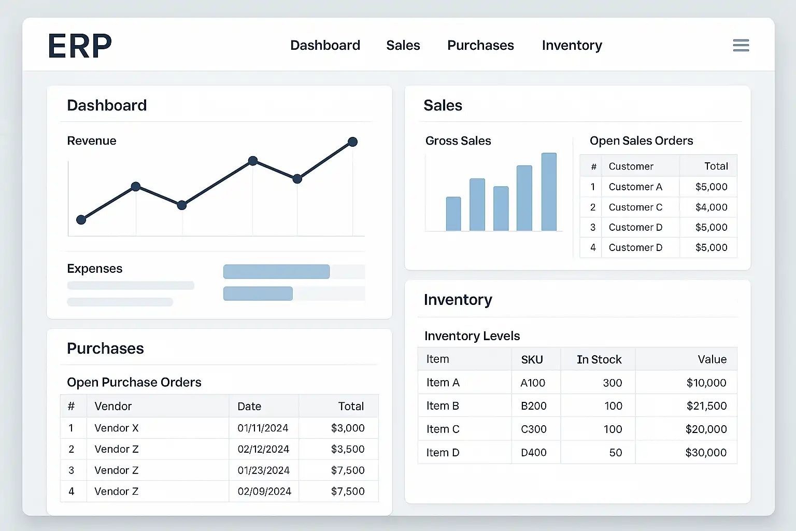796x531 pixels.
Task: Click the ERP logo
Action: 80,46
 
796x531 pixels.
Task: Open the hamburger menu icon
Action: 741,46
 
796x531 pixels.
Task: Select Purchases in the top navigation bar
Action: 480,46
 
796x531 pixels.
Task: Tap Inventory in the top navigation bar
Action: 572,46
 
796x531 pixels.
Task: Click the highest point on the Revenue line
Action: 352,142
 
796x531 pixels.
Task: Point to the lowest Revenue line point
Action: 81,220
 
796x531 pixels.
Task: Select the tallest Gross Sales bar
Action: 549,192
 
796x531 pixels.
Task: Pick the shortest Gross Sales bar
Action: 453,214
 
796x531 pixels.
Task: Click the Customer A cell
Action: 635,187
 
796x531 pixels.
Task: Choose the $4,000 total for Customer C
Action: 711,207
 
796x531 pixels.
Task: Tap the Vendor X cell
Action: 117,428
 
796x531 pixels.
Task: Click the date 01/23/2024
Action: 263,470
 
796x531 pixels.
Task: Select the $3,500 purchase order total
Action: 348,449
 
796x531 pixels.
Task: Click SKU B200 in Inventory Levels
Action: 533,406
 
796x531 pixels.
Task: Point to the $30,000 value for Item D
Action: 706,453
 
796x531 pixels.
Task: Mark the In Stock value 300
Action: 612,383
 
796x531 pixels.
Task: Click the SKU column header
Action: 532,360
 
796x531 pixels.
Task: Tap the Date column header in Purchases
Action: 249,407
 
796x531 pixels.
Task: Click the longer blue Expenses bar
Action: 276,272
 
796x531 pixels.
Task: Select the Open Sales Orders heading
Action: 641,141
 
